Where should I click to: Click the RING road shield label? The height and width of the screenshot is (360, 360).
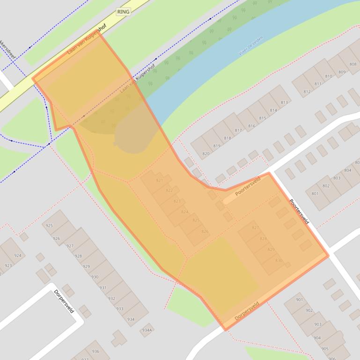coord(124,12)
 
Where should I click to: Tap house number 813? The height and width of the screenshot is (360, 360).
coord(284,102)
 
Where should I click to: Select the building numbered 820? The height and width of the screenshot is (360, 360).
coord(206,154)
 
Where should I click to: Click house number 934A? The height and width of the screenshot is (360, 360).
coord(147,330)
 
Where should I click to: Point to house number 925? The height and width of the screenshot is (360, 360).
coord(49,225)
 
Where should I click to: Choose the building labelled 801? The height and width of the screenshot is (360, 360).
coord(315,194)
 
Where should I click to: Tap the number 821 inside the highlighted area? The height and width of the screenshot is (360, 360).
coord(159,180)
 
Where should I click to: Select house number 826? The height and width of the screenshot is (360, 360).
coord(205,231)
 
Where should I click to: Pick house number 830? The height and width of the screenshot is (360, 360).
coord(279,260)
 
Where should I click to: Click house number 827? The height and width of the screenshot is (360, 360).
coord(255,228)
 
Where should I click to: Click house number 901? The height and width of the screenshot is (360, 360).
coord(299,300)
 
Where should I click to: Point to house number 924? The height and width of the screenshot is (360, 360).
coord(18,255)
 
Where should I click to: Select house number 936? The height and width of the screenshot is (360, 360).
coord(96,352)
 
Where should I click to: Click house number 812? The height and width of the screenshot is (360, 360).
coord(307,92)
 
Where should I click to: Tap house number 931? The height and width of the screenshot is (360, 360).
coord(103,288)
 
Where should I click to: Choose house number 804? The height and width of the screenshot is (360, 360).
coord(347,170)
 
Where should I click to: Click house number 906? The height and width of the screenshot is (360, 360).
coord(332,358)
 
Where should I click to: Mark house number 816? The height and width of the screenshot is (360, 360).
coord(251,126)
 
